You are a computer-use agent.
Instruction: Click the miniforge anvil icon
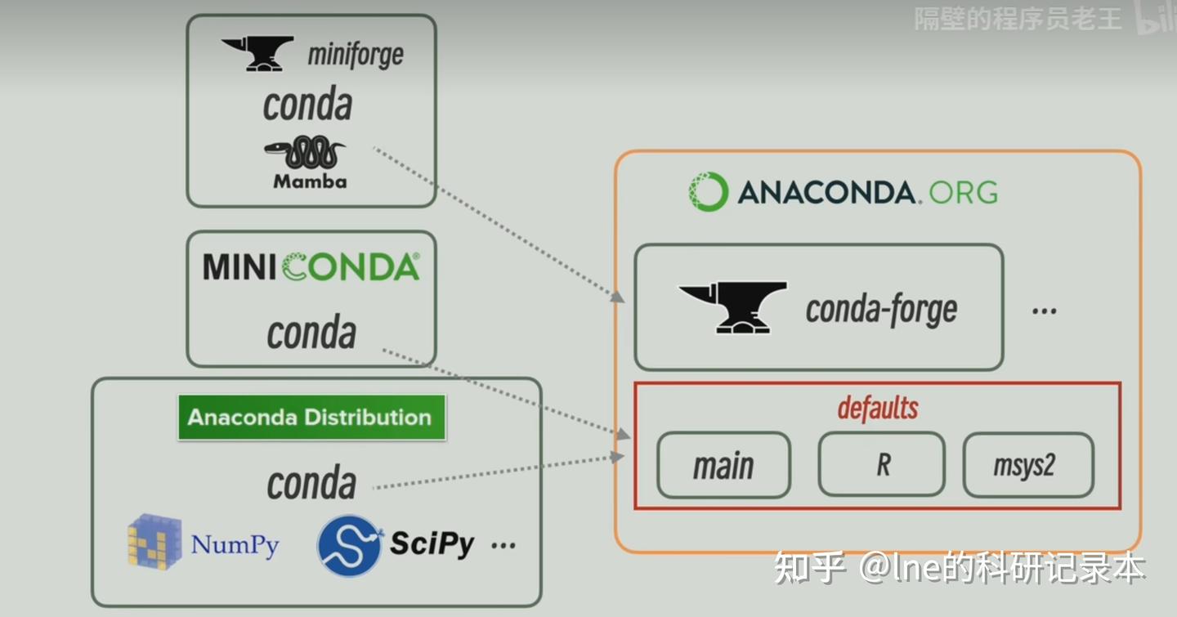258,53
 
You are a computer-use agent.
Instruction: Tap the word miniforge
356,56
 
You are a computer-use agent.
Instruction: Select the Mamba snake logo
304,154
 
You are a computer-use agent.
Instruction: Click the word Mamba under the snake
310,181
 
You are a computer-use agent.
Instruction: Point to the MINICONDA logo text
311,267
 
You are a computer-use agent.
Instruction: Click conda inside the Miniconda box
311,333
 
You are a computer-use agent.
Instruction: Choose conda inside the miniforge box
308,105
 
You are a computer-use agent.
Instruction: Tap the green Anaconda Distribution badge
311,417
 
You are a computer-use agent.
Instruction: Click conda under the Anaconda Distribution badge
311,484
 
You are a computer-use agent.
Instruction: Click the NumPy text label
235,544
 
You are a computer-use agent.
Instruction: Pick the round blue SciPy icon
350,544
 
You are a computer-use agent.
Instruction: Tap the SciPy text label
432,543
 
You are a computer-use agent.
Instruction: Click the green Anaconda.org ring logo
707,192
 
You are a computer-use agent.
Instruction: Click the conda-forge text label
881,309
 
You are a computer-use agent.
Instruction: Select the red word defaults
878,408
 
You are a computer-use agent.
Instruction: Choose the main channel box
723,466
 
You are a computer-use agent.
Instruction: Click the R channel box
882,464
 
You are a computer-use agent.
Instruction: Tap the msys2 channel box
1027,466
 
